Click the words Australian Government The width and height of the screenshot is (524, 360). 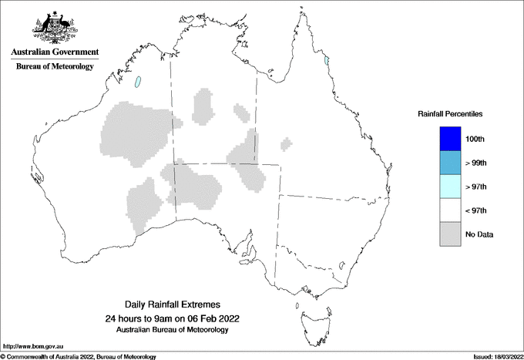pyautogui.click(x=55, y=52)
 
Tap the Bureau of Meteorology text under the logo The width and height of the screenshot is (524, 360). pyautogui.click(x=55, y=67)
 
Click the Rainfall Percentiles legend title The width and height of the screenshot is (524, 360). pyautogui.click(x=450, y=113)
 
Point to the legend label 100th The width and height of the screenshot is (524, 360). pyautogui.click(x=475, y=139)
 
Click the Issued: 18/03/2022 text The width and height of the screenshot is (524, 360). pyautogui.click(x=497, y=356)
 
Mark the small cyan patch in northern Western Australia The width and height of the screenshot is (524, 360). pyautogui.click(x=139, y=81)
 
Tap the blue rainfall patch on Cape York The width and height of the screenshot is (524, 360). pyautogui.click(x=327, y=60)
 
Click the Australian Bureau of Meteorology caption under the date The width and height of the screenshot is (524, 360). pyautogui.click(x=171, y=330)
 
